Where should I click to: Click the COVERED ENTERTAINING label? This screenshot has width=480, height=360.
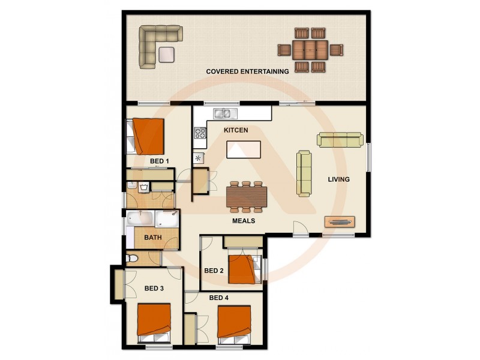(247, 71)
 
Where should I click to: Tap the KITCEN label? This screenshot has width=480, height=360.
(236, 130)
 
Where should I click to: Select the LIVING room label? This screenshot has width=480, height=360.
(338, 179)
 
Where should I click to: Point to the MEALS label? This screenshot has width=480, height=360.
(244, 221)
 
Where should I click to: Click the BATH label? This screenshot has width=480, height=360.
(153, 238)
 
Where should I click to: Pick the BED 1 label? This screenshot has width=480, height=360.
(159, 161)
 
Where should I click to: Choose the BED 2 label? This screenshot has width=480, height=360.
(214, 271)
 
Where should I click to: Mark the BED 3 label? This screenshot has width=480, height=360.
(154, 289)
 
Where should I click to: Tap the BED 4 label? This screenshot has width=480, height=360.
(218, 297)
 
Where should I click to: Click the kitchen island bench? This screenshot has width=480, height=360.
(244, 149)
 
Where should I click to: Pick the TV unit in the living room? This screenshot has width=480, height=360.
(340, 221)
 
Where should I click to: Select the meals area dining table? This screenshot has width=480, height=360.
(247, 196)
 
